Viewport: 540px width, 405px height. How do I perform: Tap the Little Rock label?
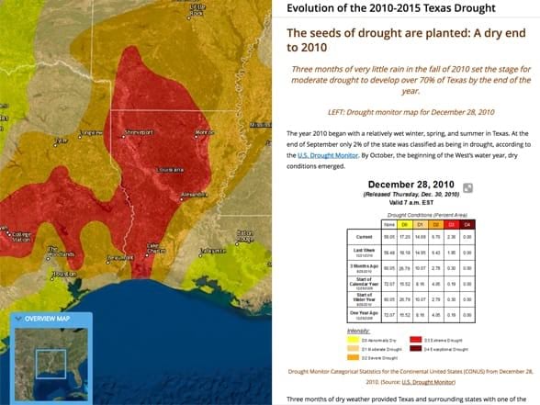click(x=197, y=9)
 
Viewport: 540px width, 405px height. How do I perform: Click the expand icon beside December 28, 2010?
click(x=467, y=188)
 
